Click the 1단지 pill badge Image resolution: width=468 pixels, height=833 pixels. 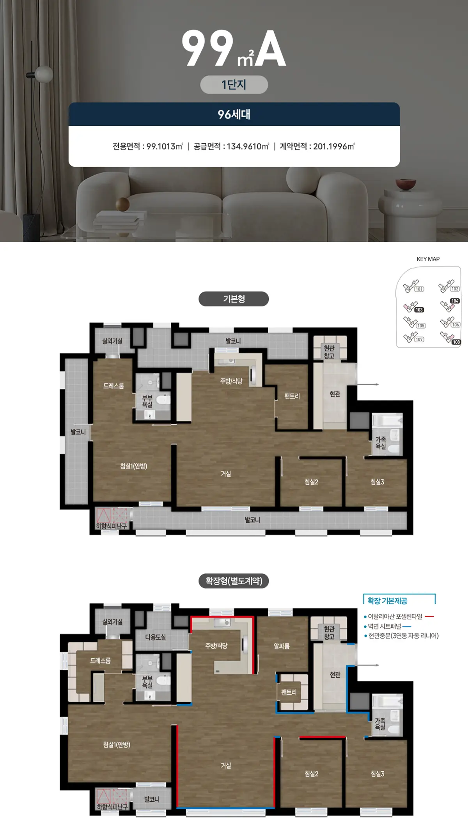pyautogui.click(x=234, y=85)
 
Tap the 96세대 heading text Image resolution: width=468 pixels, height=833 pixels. pyautogui.click(x=234, y=114)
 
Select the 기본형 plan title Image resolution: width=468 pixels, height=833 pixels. pyautogui.click(x=234, y=299)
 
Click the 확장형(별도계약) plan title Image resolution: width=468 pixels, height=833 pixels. pyautogui.click(x=234, y=581)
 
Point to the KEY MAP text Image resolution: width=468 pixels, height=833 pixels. pyautogui.click(x=428, y=259)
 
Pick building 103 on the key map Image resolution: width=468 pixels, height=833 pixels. pyautogui.click(x=419, y=310)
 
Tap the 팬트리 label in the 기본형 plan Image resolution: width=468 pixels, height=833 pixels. pyautogui.click(x=292, y=396)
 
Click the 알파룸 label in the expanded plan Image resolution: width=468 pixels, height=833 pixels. pyautogui.click(x=282, y=646)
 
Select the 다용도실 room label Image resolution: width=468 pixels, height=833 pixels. pyautogui.click(x=155, y=637)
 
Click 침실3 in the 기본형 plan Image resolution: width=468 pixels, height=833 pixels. pyautogui.click(x=377, y=482)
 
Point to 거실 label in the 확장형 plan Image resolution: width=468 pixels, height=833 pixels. pyautogui.click(x=226, y=765)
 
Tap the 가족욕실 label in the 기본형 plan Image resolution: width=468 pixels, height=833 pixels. pyautogui.click(x=381, y=443)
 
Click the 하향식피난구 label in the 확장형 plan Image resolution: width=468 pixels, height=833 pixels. pyautogui.click(x=112, y=807)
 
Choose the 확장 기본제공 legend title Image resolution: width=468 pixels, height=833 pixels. pyautogui.click(x=387, y=601)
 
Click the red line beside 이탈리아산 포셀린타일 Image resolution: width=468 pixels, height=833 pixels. pyautogui.click(x=429, y=616)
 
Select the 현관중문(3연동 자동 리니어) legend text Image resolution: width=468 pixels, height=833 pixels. pyautogui.click(x=404, y=636)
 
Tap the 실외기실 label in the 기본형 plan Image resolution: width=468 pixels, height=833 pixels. pyautogui.click(x=112, y=341)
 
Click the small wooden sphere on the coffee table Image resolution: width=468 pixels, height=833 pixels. pyautogui.click(x=122, y=204)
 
